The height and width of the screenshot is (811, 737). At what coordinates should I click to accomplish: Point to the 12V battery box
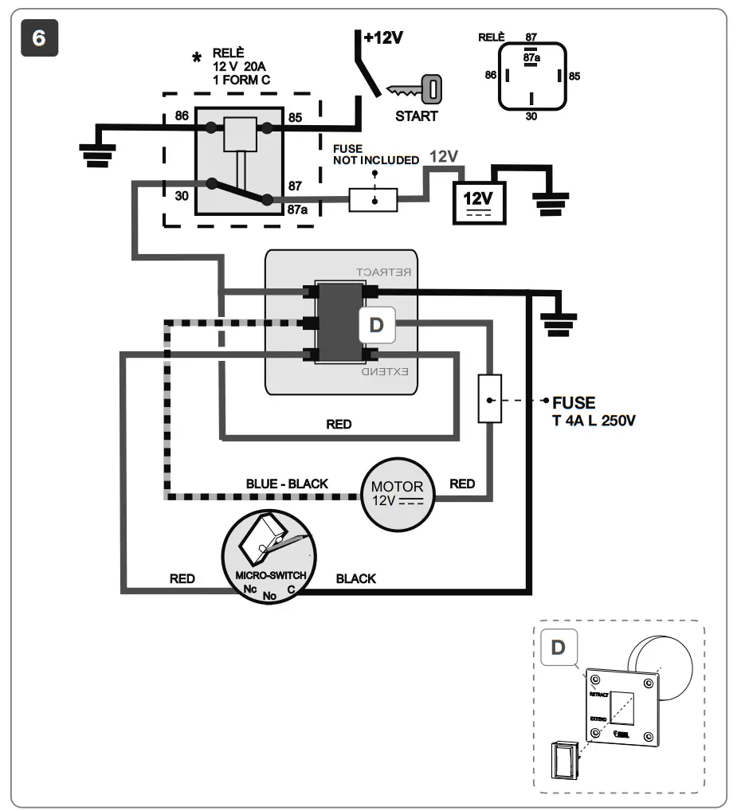click(478, 198)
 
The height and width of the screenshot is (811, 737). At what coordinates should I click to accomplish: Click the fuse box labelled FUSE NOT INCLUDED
click(373, 199)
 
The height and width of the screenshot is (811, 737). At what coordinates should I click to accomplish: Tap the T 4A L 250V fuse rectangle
click(488, 397)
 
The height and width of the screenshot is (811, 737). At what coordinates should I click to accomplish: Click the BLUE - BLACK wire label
click(288, 484)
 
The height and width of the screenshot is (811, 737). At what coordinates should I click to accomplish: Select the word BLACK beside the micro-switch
click(355, 578)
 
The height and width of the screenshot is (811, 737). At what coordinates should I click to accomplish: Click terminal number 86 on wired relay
click(182, 117)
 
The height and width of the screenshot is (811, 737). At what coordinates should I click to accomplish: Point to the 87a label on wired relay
click(296, 210)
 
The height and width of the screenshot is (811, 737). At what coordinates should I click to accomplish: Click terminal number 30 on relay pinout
click(530, 116)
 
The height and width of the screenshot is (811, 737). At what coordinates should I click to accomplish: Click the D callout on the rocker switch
click(378, 326)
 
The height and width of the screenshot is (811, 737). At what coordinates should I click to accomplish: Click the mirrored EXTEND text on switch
click(385, 372)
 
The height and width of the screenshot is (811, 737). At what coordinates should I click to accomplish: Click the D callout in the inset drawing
click(558, 647)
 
